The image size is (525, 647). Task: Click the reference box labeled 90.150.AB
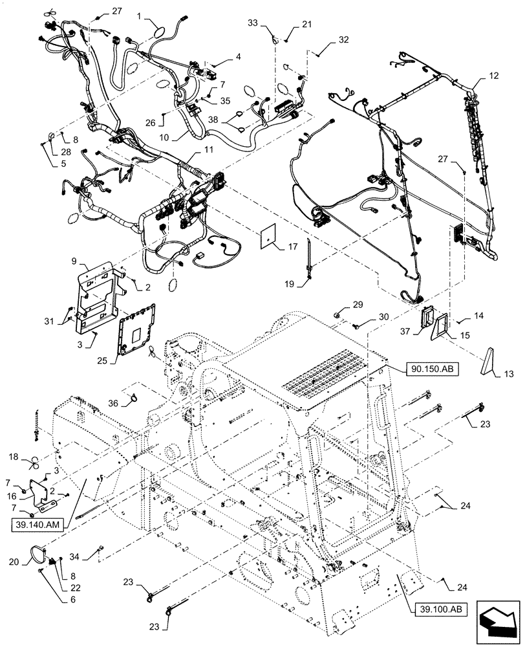pyautogui.click(x=433, y=369)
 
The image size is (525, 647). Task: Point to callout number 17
pyautogui.click(x=293, y=246)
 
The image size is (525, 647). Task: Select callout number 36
pyautogui.click(x=114, y=402)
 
